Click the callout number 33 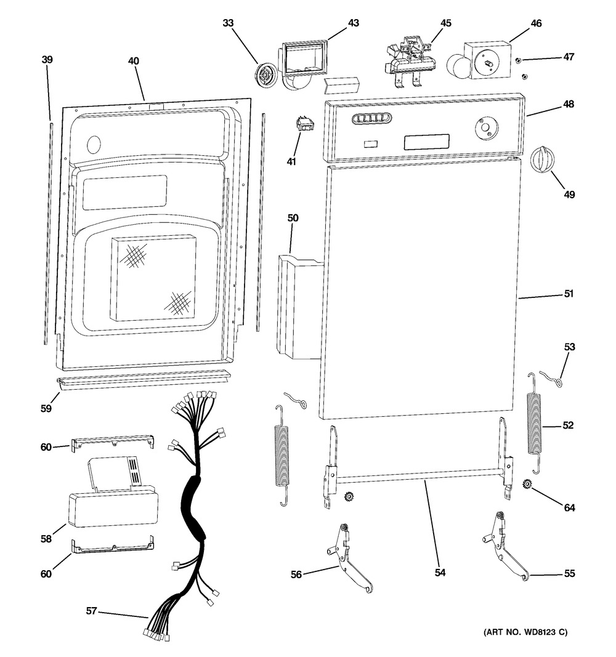click(x=229, y=23)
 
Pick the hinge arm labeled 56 click(x=350, y=557)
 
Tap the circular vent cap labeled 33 click(x=264, y=76)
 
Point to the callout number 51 click(x=567, y=294)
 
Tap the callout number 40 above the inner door click(x=134, y=61)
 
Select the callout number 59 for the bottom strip click(x=46, y=407)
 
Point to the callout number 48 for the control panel click(x=567, y=104)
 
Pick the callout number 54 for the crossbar click(x=440, y=573)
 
